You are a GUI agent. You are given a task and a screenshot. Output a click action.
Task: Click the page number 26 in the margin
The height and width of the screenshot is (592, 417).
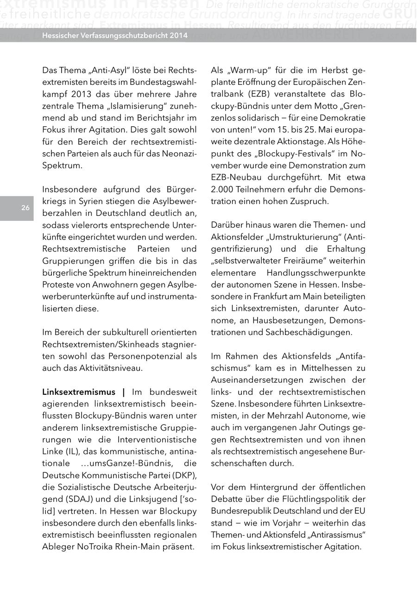tap(25, 208)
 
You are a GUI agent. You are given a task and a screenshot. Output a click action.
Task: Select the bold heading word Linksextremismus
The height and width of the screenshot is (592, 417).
tap(79, 393)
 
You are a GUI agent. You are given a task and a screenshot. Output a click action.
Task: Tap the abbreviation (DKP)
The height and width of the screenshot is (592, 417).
tap(184, 475)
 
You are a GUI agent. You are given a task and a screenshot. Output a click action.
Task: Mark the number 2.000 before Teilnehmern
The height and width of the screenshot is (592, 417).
tap(222, 189)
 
